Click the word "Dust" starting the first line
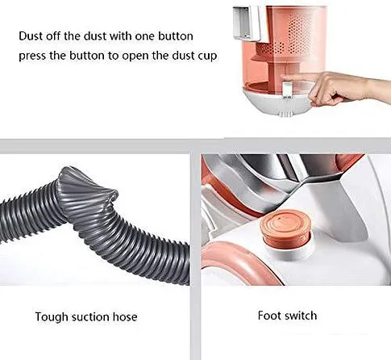31,36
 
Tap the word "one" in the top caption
144,36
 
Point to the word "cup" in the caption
207,57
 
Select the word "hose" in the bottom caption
125,316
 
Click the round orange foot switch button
285,228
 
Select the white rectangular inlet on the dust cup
247,23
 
